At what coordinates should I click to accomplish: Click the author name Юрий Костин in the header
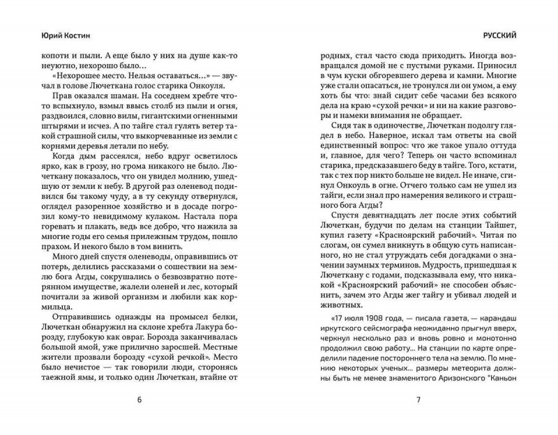(57, 33)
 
